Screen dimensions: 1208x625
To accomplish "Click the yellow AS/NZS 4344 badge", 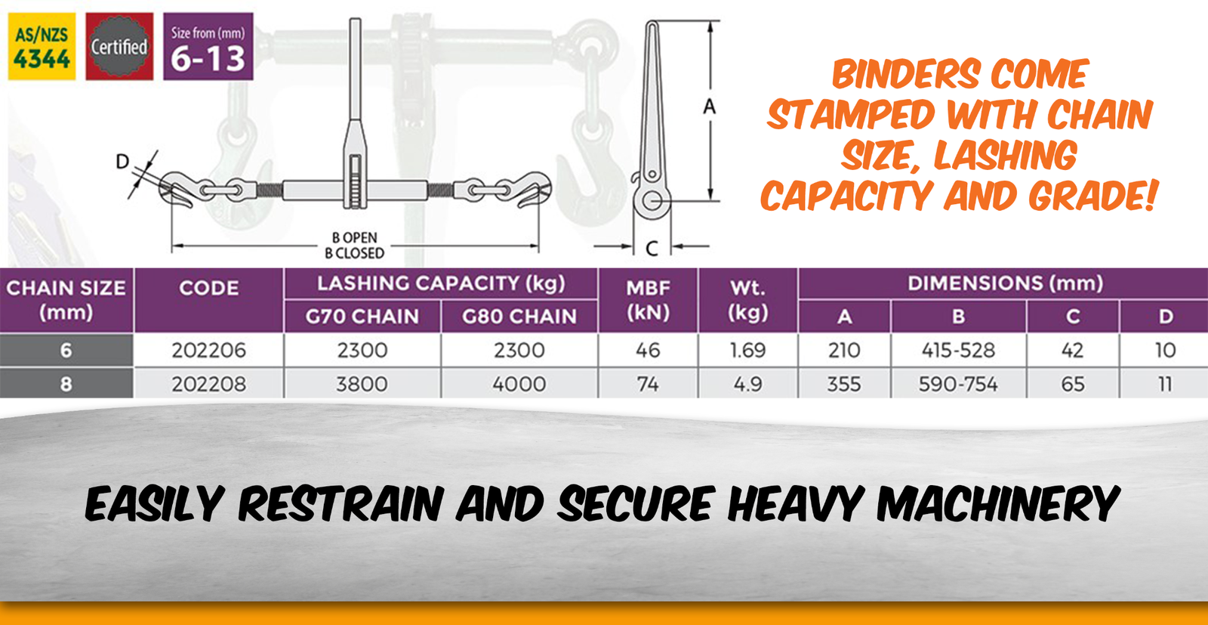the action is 42,46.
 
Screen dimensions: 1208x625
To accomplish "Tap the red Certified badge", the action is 119,46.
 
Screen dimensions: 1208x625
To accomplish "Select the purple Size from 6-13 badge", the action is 208,46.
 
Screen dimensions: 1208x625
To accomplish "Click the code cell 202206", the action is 208,350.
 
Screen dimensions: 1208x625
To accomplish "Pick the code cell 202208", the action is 208,384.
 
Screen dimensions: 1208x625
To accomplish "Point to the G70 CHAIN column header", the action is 362,316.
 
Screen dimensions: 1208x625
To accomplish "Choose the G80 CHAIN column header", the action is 519,316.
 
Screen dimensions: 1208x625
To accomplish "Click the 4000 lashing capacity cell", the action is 519,384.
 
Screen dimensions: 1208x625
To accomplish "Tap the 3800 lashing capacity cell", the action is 362,384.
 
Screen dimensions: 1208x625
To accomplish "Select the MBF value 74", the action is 648,384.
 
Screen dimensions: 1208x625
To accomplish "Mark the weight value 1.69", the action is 747,350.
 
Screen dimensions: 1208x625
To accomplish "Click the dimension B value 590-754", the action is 958,384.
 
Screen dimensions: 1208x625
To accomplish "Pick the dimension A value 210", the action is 844,350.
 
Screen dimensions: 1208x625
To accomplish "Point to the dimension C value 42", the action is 1072,350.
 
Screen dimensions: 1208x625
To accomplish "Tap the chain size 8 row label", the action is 66,384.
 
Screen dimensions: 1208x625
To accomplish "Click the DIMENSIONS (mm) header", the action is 1005,283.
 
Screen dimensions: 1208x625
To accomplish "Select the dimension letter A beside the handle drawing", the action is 710,107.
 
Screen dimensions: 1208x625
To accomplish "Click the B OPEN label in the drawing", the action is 354,237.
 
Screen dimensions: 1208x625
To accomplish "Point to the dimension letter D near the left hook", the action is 122,162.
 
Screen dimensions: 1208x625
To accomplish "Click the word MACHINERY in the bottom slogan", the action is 998,503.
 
